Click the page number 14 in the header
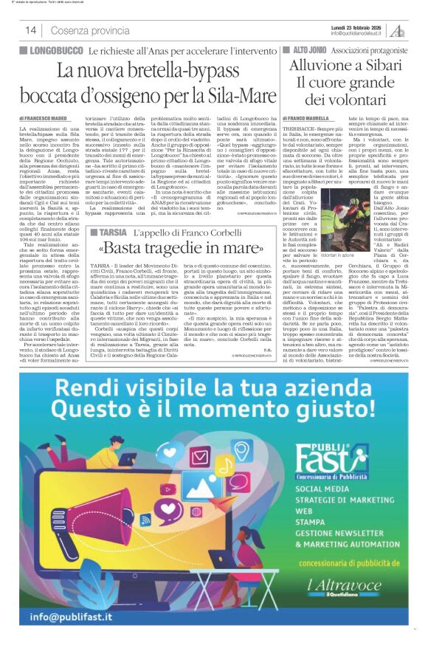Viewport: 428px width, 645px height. point(31,30)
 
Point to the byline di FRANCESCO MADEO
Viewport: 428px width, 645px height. point(43,117)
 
